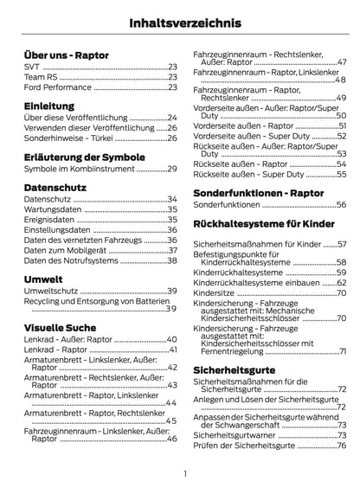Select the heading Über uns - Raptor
tap(67, 55)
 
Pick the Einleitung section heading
tap(49, 106)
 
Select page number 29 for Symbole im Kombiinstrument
tap(171, 170)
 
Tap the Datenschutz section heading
tap(56, 186)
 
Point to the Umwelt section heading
tap(44, 278)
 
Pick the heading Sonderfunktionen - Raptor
tap(260, 192)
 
